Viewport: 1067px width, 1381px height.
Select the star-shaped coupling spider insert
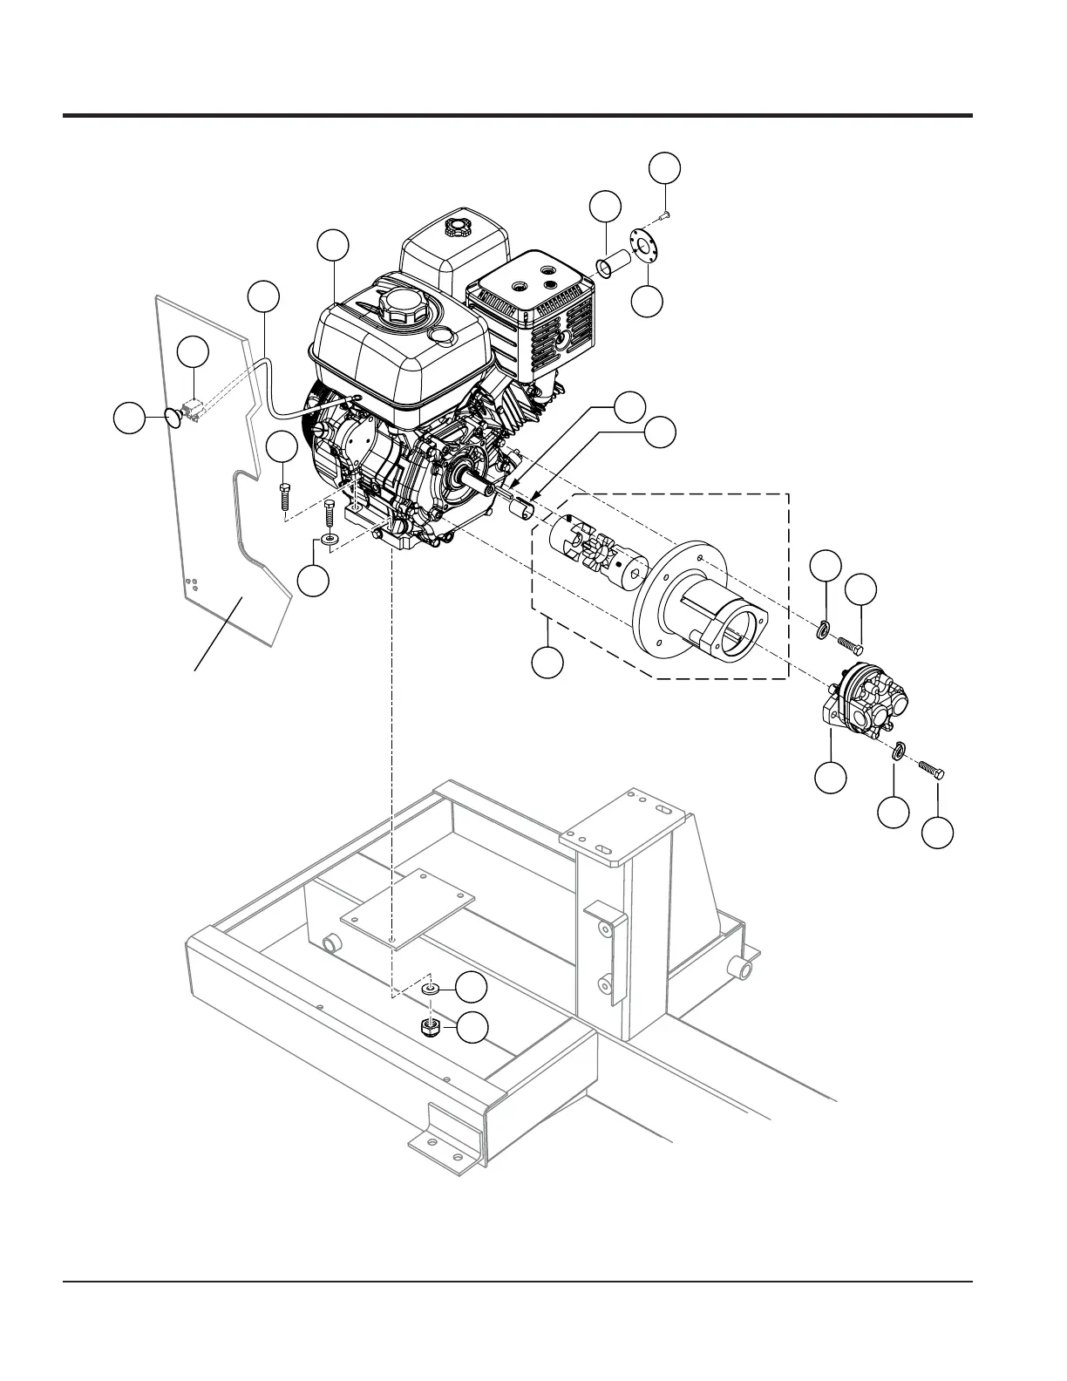coord(599,554)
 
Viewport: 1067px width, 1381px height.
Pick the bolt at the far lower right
coord(933,771)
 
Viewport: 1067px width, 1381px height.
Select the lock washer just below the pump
coord(898,749)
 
